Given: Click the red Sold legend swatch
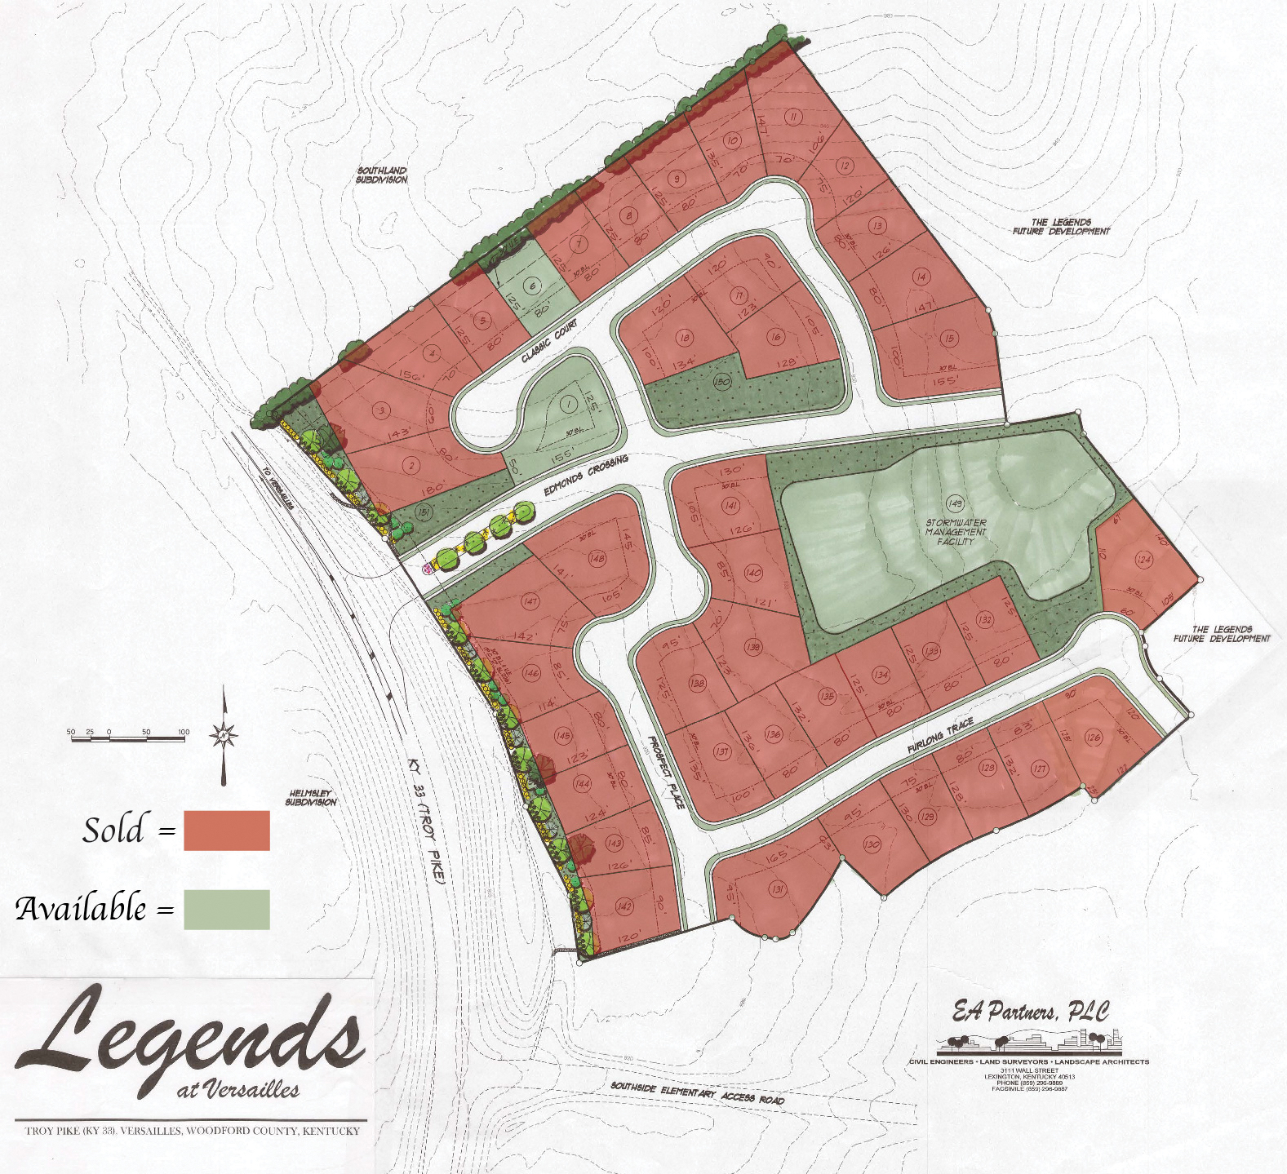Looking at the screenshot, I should (226, 830).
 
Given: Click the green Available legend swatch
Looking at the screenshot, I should (226, 909).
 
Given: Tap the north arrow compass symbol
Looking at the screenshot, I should (224, 736).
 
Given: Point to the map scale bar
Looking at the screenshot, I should (127, 737).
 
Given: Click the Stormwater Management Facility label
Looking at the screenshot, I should (956, 532).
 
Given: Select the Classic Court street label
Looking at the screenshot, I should (549, 341).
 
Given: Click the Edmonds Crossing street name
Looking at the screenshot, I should (586, 476).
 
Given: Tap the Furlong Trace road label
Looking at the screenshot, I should (940, 736).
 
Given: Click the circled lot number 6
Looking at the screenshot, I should (533, 286).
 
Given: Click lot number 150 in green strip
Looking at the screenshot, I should (721, 381).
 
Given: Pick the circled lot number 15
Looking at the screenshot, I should (947, 339).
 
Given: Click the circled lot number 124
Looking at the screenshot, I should (1143, 560).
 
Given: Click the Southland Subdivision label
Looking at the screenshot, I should (381, 175).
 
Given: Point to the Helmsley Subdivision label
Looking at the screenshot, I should (311, 797).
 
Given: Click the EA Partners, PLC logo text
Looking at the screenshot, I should (1030, 1012).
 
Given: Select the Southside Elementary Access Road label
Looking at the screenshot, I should (697, 1092).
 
